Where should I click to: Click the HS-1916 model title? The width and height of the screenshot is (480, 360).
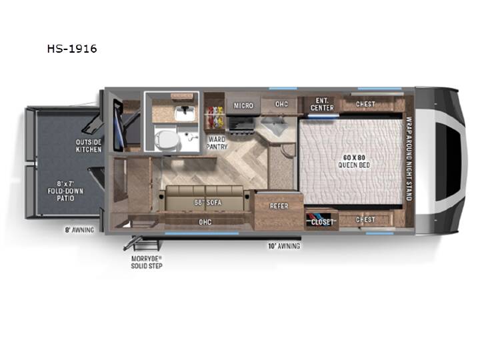72,49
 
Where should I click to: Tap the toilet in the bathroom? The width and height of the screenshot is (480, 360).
166,139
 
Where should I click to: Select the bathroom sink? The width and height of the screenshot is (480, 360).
185,113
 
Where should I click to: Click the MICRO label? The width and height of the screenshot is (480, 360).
243,105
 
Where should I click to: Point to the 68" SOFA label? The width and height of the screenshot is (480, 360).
207,203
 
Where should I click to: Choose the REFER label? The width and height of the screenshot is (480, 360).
279,206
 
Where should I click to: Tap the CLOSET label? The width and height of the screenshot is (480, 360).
322,222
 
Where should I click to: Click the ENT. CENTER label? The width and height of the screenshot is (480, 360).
322,104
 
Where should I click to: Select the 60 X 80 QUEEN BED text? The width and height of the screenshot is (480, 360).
354,161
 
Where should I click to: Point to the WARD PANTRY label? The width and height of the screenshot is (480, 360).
217,143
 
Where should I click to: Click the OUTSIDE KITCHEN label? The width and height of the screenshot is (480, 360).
89,146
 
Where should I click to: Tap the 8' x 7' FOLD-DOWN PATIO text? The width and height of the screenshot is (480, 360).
65,191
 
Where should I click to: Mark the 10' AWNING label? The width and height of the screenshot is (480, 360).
284,246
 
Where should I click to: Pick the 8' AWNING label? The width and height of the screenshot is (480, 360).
79,230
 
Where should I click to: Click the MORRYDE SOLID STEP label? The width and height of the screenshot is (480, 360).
147,263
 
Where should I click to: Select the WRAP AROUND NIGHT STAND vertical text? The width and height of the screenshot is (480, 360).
409,159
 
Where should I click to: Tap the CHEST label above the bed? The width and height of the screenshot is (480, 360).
365,104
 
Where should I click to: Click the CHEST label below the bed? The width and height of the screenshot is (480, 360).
365,219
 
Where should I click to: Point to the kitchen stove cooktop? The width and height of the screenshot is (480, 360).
242,125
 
